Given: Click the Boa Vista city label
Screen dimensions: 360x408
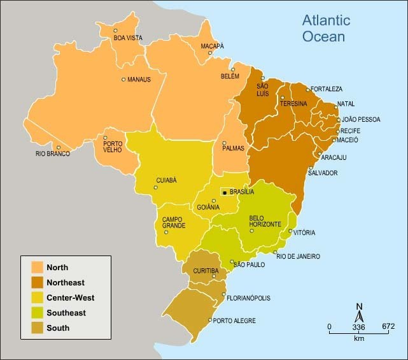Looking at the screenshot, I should tap(128, 38).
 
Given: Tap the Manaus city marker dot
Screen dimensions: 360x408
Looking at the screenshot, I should tap(123, 80).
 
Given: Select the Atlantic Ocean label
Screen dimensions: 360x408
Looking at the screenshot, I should tap(325, 29).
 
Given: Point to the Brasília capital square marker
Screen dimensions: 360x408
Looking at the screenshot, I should tap(224, 192).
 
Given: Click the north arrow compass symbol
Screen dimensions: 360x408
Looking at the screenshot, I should tap(359, 314).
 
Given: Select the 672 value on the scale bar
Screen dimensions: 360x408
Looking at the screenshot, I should tap(388, 328).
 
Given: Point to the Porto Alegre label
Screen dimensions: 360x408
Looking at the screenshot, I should tap(234, 321).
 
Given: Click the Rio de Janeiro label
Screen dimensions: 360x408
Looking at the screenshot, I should tap(298, 256).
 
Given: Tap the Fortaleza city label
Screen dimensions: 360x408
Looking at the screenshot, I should tap(327, 89).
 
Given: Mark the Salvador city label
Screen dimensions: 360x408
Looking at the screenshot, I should tap(322, 173).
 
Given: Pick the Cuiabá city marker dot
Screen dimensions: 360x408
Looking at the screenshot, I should tap(157, 188).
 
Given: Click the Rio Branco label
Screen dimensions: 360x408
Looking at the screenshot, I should tap(53, 154).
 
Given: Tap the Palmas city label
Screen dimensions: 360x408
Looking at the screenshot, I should tap(234, 148).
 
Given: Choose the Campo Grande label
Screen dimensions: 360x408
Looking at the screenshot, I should tap(173, 222).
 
